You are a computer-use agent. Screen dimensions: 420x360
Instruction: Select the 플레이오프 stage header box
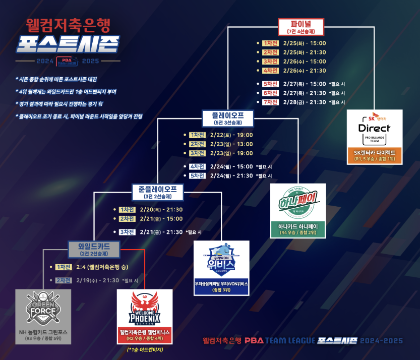(228, 118)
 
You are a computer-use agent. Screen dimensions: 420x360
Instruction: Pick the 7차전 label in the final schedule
(270, 102)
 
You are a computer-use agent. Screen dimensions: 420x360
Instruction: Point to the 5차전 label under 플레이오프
(197, 175)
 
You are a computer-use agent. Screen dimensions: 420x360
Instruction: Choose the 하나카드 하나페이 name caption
(298, 226)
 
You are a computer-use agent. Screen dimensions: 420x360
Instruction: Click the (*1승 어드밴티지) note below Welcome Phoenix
(145, 349)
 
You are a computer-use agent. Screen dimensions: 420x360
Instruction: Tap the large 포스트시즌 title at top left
(67, 44)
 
